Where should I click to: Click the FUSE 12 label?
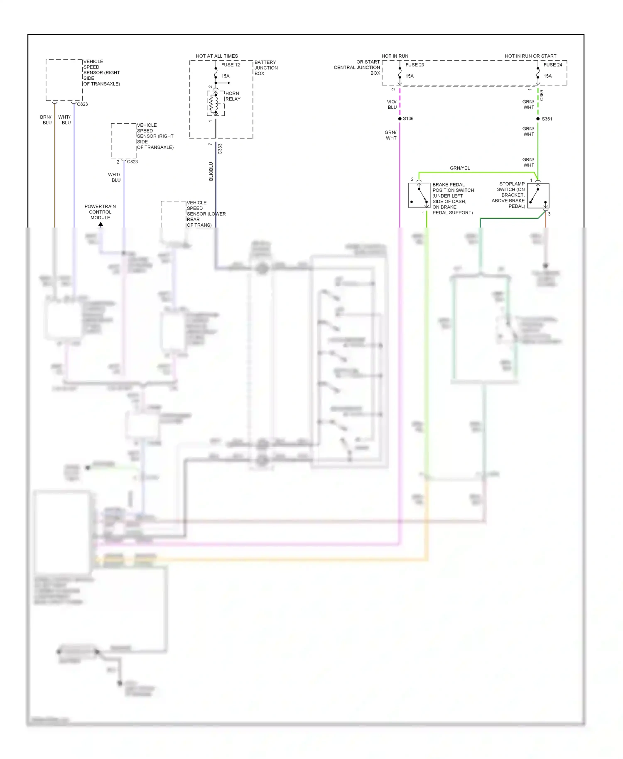point(230,65)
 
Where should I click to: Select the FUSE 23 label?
point(414,65)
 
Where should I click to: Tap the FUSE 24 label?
point(552,65)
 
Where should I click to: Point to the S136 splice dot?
point(400,119)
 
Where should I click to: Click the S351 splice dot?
point(538,119)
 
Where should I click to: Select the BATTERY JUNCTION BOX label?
point(266,68)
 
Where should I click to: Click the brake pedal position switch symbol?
point(419,196)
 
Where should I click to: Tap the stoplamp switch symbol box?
point(538,196)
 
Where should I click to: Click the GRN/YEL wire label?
point(459,168)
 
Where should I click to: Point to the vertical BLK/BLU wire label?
point(211,171)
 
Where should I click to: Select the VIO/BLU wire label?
point(392,105)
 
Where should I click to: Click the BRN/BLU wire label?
point(46,120)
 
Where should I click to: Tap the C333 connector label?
point(220,149)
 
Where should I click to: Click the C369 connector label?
point(542,95)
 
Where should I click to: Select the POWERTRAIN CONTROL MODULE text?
point(100,212)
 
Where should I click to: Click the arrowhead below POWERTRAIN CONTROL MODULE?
point(101,224)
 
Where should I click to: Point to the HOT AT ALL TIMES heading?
point(217,56)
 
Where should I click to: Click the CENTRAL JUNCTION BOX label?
point(358,67)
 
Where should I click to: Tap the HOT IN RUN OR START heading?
point(530,56)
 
